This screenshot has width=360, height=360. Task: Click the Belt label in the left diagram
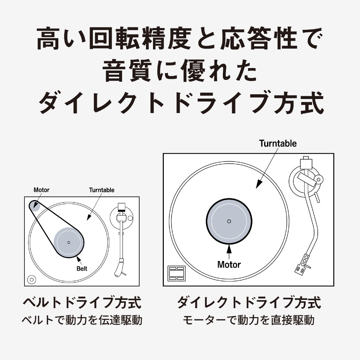click(x=82, y=269)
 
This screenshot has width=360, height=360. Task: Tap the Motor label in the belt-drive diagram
click(x=41, y=190)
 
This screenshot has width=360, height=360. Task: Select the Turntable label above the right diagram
click(x=278, y=144)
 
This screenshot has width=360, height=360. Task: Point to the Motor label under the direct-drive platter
click(x=229, y=265)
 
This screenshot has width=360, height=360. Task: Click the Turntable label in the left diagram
click(x=102, y=190)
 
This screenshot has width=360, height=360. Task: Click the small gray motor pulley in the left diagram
click(x=35, y=206)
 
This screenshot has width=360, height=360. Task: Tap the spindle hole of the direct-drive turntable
click(x=229, y=221)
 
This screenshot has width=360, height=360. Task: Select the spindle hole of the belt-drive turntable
click(x=69, y=242)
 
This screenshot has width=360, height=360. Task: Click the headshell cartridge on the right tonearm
click(x=302, y=264)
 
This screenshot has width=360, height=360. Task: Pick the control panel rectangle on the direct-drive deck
click(x=176, y=273)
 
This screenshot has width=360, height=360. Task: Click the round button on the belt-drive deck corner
click(x=32, y=280)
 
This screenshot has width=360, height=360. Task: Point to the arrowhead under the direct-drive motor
click(x=229, y=248)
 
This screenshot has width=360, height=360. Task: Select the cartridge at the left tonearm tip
click(x=120, y=267)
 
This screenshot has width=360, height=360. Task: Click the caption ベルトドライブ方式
click(x=82, y=303)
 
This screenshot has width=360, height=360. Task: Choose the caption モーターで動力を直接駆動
click(x=248, y=320)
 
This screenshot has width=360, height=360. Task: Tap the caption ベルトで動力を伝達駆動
click(x=82, y=320)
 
